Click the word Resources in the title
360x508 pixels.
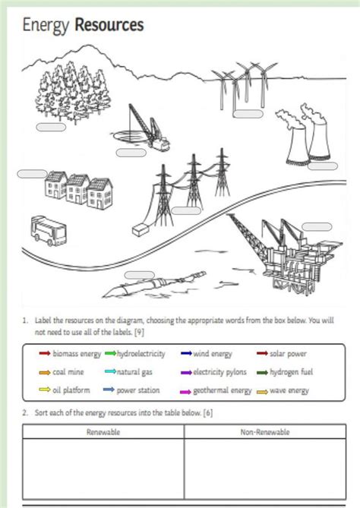click(109, 26)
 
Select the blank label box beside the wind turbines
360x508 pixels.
click(248, 115)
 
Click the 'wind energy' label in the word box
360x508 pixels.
click(212, 354)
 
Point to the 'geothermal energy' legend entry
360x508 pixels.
click(222, 391)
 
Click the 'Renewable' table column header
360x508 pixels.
click(103, 432)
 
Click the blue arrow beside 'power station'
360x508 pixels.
click(109, 391)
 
